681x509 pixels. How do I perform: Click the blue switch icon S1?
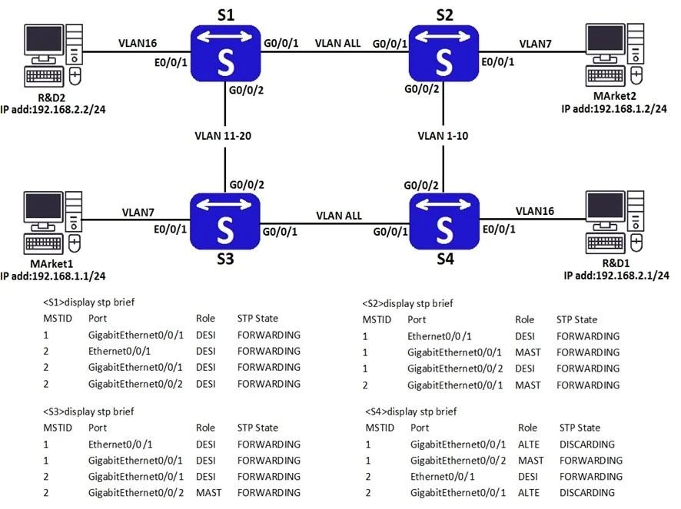225,53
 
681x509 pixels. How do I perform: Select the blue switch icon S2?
443,53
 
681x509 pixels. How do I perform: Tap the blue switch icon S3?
225,221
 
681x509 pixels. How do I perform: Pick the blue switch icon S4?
444,221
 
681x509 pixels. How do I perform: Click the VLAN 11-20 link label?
223,136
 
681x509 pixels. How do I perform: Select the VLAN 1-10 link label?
443,136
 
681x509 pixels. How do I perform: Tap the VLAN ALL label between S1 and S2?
337,44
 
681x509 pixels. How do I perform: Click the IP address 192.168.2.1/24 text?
616,276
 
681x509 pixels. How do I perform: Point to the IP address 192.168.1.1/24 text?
53,276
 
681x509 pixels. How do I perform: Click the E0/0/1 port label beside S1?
171,63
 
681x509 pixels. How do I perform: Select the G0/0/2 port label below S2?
422,89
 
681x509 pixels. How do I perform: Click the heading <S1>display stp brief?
88,302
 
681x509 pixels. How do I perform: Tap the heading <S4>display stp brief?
411,411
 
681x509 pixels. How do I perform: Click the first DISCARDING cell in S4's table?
586,445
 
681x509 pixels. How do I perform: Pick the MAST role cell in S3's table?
208,493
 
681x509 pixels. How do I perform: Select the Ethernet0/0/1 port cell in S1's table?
119,351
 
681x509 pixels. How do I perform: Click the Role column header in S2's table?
525,320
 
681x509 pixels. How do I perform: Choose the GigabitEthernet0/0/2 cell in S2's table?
455,369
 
